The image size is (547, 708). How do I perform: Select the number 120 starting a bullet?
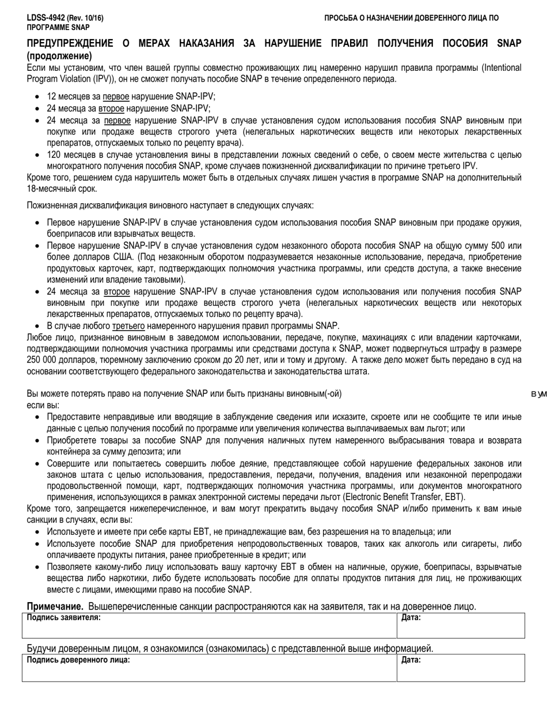[54, 155]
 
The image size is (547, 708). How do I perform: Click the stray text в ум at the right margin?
[538, 394]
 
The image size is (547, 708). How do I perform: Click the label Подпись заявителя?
[63, 617]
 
